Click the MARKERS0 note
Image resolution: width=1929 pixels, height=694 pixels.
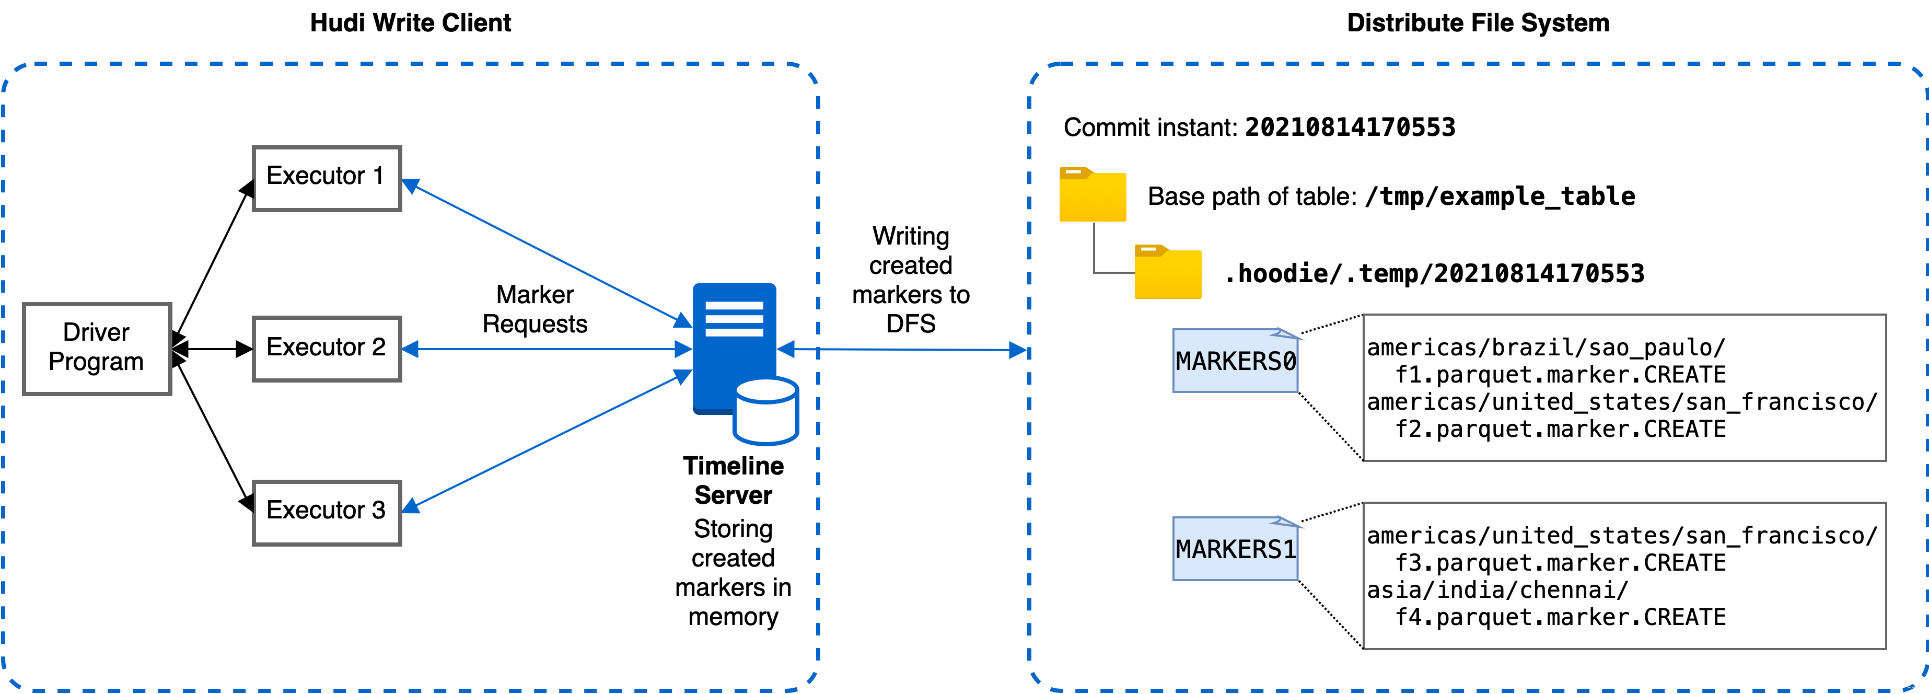point(1235,362)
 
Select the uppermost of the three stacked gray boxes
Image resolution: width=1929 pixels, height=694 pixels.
point(327,179)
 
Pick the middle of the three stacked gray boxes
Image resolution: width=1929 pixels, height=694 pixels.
point(327,349)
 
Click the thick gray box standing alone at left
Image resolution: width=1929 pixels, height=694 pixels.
point(97,349)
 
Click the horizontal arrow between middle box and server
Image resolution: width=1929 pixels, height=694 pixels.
point(547,349)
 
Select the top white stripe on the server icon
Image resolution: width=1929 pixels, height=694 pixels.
point(734,305)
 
